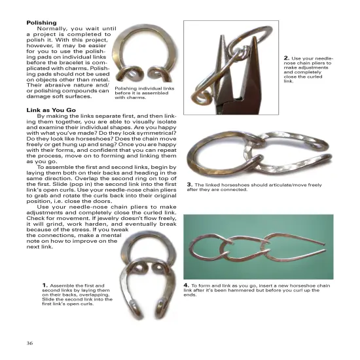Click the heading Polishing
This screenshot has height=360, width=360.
41,22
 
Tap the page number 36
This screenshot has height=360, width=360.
30,343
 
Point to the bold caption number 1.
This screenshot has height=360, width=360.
45,285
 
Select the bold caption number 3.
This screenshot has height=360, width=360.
189,184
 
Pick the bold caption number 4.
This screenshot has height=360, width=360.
187,285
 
